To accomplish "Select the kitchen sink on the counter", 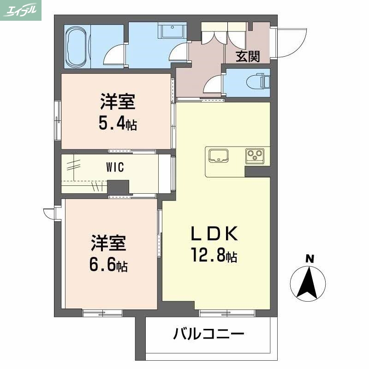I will pyautogui.click(x=219, y=155).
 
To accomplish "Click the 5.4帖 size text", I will pyautogui.click(x=117, y=124).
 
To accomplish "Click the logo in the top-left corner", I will pyautogui.click(x=21, y=10).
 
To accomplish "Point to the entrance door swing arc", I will pyautogui.click(x=288, y=42).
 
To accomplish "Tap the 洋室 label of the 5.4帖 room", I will pyautogui.click(x=118, y=102).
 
